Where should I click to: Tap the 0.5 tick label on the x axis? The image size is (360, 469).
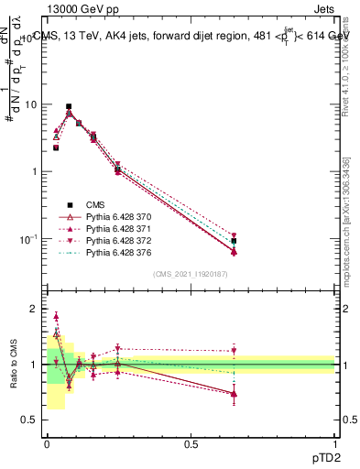191,444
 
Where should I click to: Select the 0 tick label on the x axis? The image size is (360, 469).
47,444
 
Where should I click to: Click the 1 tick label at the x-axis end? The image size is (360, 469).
334,444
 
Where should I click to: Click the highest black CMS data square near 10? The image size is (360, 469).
69,107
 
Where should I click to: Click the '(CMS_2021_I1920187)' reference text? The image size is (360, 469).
190,273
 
